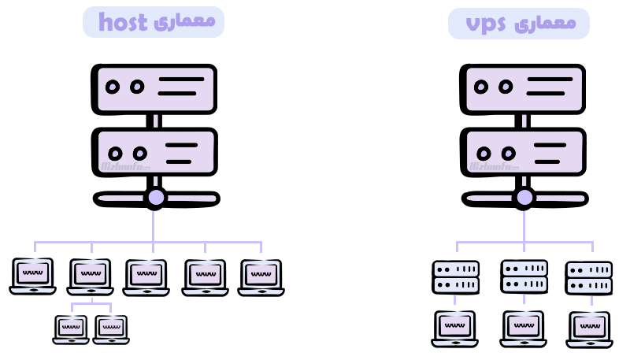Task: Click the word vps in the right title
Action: [486, 24]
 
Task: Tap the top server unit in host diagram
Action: [154, 87]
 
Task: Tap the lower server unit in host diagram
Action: [154, 152]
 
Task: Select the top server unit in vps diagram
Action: [523, 87]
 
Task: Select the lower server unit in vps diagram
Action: [523, 152]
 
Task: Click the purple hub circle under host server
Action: [155, 198]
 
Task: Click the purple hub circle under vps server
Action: [524, 198]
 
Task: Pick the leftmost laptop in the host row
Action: [33, 276]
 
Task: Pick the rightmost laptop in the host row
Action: [261, 277]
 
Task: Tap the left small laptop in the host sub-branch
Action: [71, 329]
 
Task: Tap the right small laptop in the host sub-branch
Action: [110, 329]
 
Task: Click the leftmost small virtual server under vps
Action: [455, 277]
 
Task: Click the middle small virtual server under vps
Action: [524, 276]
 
